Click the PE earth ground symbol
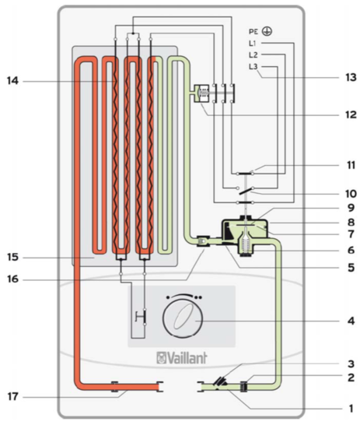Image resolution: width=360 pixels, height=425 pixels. [267, 32]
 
